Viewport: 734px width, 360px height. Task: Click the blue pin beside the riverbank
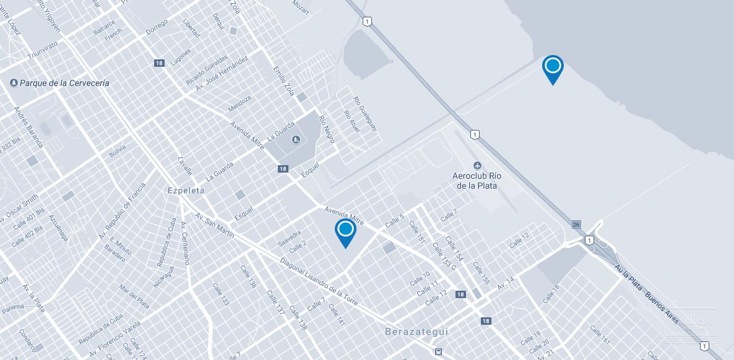(x=553, y=67)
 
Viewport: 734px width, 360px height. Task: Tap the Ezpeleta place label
(x=186, y=191)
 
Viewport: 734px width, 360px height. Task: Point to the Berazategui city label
(x=417, y=332)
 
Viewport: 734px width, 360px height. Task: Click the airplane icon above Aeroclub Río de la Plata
(x=477, y=165)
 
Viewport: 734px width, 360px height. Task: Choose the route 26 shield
(x=576, y=224)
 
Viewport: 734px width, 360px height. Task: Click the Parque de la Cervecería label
(x=64, y=83)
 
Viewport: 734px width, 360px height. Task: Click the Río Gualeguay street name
(x=366, y=113)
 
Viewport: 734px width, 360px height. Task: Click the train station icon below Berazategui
(x=438, y=351)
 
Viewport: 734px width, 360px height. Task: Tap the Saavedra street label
(x=289, y=239)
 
